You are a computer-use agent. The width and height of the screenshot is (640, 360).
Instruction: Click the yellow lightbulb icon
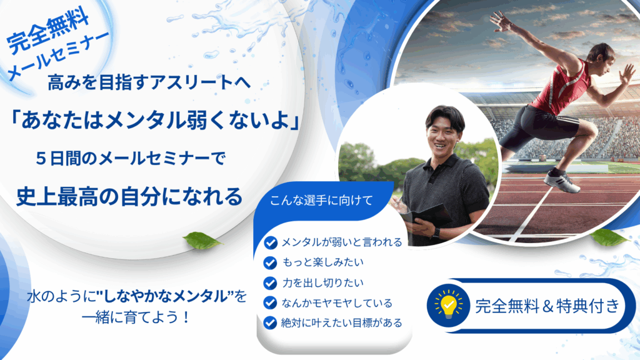[449, 305]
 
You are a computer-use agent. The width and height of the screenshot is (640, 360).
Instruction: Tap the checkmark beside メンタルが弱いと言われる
[270, 242]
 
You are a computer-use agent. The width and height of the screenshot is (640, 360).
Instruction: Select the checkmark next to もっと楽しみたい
[270, 262]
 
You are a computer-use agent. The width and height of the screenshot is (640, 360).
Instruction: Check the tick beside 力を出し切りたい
[270, 283]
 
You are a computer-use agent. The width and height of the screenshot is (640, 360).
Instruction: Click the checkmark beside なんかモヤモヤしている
[270, 303]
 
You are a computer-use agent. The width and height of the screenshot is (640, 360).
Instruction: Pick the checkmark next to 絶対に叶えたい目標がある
[270, 323]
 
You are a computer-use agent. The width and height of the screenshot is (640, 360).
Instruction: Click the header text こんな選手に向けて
[321, 201]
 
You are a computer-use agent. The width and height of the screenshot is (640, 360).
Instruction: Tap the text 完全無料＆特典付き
[547, 306]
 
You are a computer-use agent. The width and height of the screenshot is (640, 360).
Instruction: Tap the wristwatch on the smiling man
[436, 233]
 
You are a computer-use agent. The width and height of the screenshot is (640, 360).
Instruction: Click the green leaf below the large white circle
[202, 241]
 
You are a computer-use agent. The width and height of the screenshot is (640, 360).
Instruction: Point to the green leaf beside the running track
[608, 237]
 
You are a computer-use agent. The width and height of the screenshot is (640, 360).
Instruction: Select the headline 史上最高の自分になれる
[130, 196]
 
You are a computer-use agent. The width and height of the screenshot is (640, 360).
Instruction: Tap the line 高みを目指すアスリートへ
[149, 82]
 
